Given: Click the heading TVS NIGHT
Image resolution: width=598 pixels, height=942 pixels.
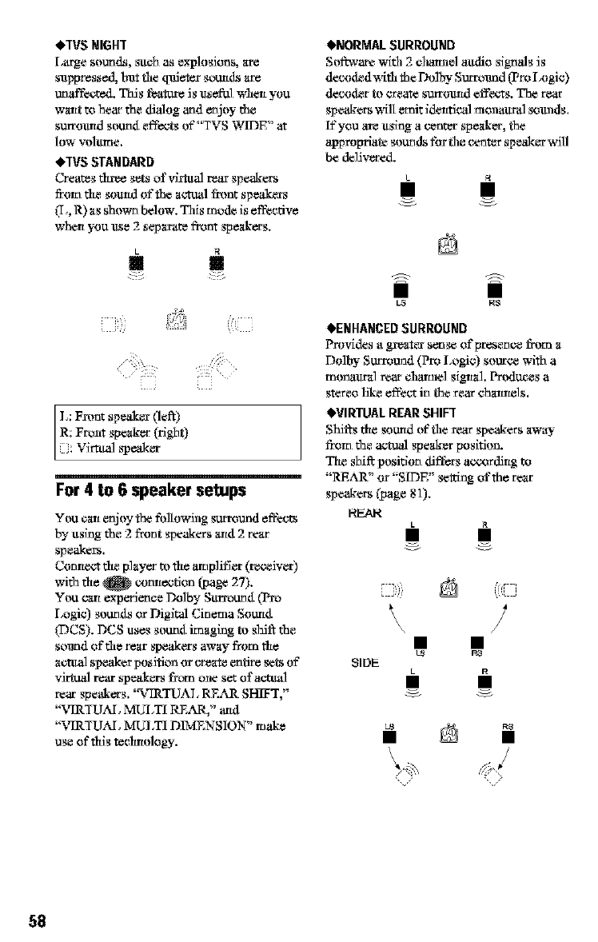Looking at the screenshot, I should (x=94, y=43).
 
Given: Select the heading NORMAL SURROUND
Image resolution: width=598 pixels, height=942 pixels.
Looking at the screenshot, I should (x=391, y=43).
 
